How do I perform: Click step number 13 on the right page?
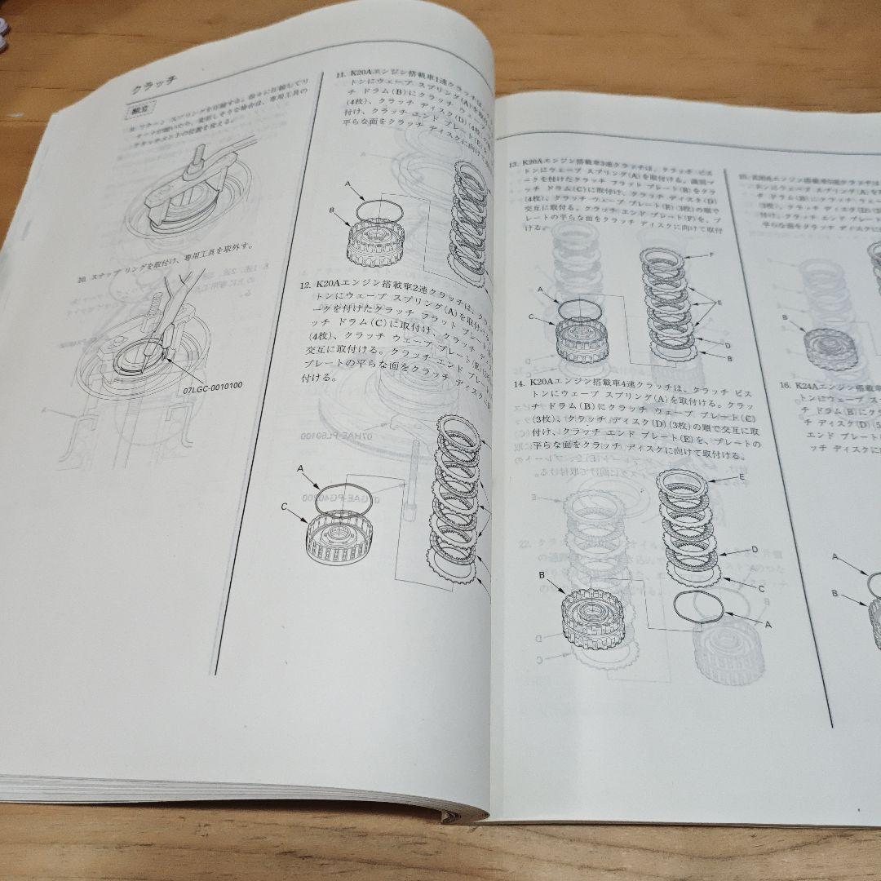tap(514, 164)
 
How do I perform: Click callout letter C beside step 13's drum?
tap(531, 317)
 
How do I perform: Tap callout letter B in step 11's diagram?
tap(332, 210)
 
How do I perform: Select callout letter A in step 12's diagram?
tap(301, 468)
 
